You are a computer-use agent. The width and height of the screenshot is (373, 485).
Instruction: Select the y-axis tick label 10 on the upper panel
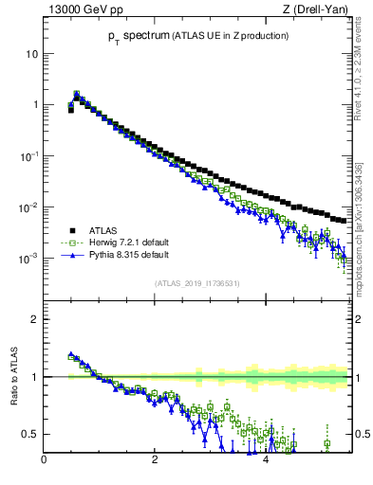30,54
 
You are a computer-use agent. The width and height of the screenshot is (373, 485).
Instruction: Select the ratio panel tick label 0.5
29,434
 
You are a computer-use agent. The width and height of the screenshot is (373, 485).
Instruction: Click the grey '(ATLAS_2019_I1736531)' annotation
196,282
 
